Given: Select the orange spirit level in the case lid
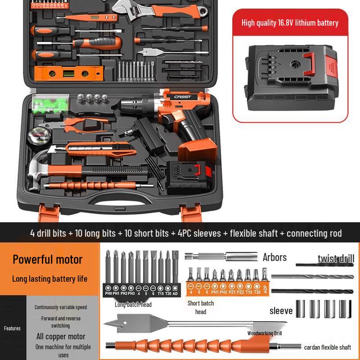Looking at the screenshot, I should [x=67, y=72].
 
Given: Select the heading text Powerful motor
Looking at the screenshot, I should [x=48, y=259].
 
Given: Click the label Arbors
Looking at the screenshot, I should [x=274, y=257].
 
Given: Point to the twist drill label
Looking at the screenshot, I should [x=336, y=258].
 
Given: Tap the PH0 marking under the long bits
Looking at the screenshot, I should [x=108, y=293].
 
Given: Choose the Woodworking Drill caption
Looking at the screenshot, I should [x=265, y=333].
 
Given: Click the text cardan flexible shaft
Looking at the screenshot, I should [x=327, y=347].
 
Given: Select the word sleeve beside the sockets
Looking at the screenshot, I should [x=281, y=311].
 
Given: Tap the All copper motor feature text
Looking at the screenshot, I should [x=61, y=337].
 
